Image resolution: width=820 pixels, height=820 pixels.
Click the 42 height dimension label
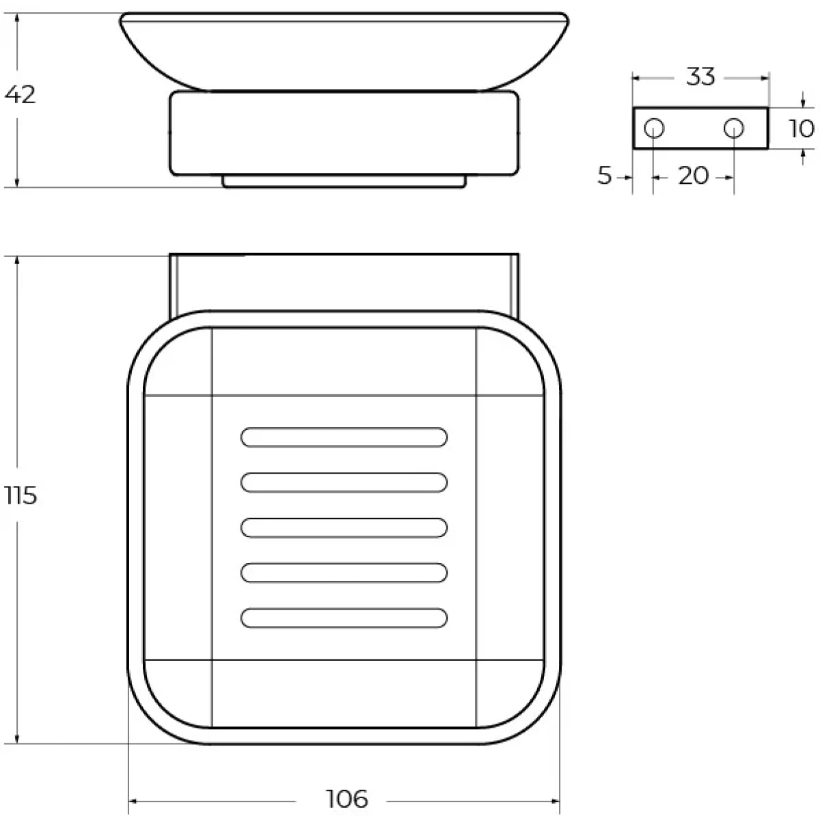20,94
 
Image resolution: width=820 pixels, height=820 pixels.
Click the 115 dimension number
21,495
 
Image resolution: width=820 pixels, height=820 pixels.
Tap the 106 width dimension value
346,799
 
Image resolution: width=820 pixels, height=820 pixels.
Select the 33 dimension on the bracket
700,77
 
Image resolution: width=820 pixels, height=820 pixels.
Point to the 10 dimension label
802,128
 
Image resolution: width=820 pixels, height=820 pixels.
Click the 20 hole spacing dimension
693,176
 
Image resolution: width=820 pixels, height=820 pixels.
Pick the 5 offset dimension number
605,175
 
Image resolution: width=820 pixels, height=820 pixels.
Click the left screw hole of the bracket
654,128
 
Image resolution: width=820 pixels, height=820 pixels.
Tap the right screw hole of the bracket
734,128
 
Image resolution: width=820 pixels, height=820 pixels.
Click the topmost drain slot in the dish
344,437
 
